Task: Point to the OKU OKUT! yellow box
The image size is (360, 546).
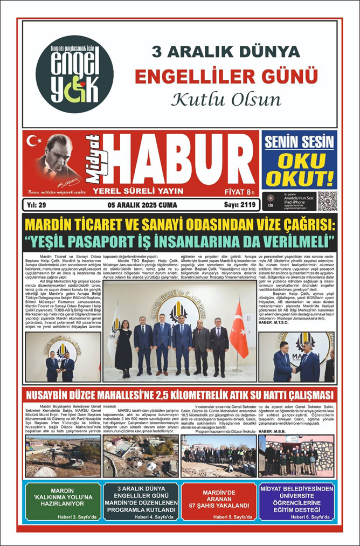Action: tap(299, 171)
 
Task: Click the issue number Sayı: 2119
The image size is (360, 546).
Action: tap(239, 205)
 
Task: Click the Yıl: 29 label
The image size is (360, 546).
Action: tap(36, 205)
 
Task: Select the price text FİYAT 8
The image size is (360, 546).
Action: tap(239, 191)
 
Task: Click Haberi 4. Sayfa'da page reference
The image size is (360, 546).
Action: tap(145, 518)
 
